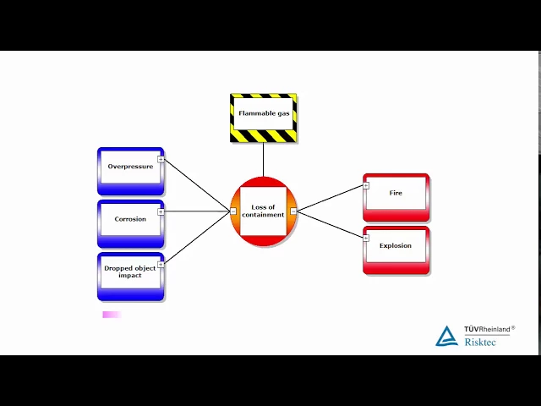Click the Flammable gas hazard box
pos(263,117)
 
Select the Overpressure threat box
pos(129,170)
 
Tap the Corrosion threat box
pos(129,222)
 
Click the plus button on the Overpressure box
pos(161,159)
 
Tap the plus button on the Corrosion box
pos(161,211)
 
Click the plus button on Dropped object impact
pos(161,264)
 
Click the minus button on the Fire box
pos(366,185)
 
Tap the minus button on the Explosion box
pos(366,238)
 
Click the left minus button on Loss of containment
pos(233,211)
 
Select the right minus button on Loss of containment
pos(293,211)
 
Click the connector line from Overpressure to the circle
pos(197,185)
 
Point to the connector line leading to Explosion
pos(330,224)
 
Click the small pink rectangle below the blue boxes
pos(112,315)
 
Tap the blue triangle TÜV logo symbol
pos(446,337)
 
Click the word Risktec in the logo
pos(480,341)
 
